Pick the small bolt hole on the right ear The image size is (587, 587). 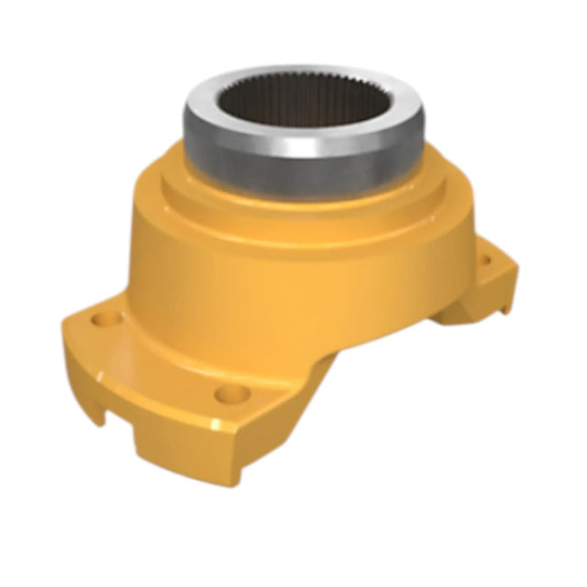click(x=484, y=261)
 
